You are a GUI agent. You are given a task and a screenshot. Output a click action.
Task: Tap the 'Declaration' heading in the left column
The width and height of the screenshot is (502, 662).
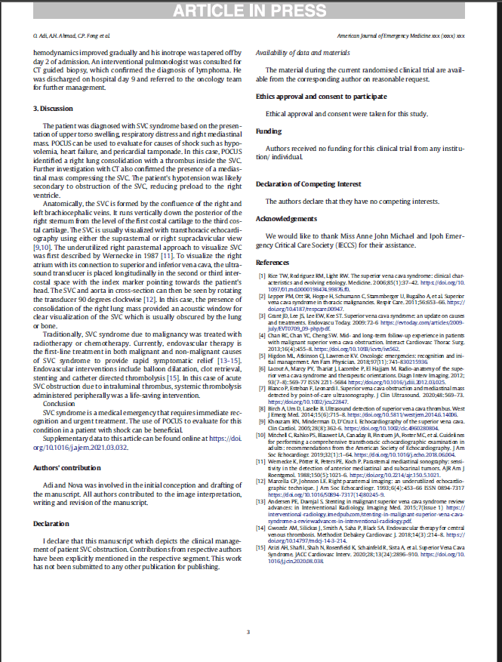point(51,501)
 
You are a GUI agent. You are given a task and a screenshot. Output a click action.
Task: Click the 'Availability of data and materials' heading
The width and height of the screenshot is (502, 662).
point(303,52)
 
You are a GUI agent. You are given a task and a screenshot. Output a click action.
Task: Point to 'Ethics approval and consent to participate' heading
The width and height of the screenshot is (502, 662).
point(322,97)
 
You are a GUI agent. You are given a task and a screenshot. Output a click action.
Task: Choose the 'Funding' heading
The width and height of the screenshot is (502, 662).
point(269,131)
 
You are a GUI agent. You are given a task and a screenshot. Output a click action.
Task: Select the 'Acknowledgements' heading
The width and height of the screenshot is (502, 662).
point(286,218)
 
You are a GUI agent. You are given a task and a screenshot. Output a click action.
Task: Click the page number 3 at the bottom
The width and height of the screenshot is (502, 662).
point(248,632)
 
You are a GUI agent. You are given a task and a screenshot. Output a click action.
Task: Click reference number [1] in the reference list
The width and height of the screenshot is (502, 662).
point(263,276)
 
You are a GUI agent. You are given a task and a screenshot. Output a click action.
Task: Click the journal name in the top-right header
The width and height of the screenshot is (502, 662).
point(401,35)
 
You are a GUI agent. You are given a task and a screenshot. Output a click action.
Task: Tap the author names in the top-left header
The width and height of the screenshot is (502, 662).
point(60,35)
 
